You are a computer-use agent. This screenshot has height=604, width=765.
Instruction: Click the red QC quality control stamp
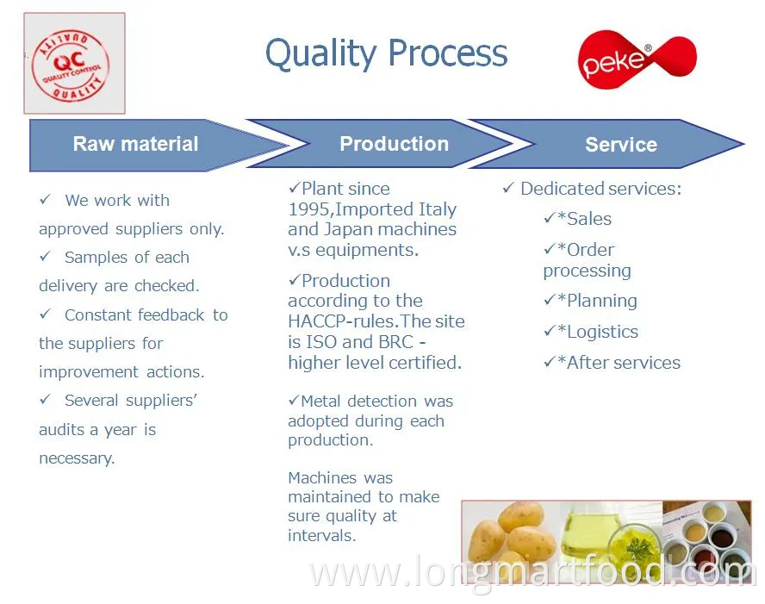pos(71,65)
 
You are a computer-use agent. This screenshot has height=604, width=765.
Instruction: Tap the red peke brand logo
pos(637,59)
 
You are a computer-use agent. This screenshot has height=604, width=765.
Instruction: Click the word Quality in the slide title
pos(321,53)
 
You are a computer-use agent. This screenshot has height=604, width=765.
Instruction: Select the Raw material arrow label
pos(135,144)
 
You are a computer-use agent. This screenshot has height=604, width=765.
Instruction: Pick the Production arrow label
pos(395,144)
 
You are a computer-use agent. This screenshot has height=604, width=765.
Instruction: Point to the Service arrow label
pos(621,145)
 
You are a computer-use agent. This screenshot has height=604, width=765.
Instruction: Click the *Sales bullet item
pos(584,219)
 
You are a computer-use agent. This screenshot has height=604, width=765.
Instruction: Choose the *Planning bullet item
pos(597,301)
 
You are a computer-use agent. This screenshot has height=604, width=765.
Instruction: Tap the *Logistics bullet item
pos(597,332)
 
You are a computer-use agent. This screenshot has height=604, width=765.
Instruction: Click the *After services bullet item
pos(619,363)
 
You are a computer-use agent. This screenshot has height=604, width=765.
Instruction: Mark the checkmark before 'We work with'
pos(45,199)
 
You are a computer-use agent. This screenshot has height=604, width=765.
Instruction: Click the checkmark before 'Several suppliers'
pos(45,399)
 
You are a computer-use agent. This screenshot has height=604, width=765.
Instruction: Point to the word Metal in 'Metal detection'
pos(320,401)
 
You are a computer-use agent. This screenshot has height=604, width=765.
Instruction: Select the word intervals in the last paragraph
pos(321,536)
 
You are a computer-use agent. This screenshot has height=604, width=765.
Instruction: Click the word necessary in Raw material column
pos(77,458)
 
